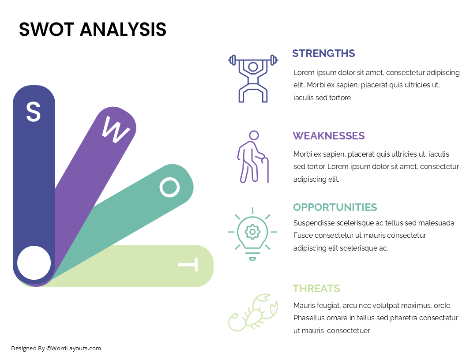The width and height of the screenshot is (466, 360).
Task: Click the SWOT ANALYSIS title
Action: [93, 30]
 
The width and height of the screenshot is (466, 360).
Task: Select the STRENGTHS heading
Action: [323, 53]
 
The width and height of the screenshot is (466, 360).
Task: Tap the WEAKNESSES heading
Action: [329, 136]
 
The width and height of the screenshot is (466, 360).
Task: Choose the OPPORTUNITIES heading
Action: [335, 207]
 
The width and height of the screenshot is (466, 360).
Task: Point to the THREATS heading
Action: [316, 289]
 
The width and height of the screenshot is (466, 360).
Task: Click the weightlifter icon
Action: [253, 79]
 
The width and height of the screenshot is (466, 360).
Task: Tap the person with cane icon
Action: [253, 157]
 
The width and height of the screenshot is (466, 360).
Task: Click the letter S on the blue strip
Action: [34, 112]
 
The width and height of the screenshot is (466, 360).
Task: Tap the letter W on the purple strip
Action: [116, 129]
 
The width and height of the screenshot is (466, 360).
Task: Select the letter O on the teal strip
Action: [169, 187]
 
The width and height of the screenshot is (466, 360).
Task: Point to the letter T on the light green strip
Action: [188, 265]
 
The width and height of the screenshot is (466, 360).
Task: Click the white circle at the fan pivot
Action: [34, 263]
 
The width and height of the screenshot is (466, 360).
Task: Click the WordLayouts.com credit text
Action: [56, 349]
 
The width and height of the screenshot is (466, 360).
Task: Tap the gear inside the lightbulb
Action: [252, 232]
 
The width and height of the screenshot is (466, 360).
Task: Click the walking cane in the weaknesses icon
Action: [267, 170]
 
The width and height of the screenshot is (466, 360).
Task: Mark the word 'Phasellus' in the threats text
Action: [309, 318]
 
